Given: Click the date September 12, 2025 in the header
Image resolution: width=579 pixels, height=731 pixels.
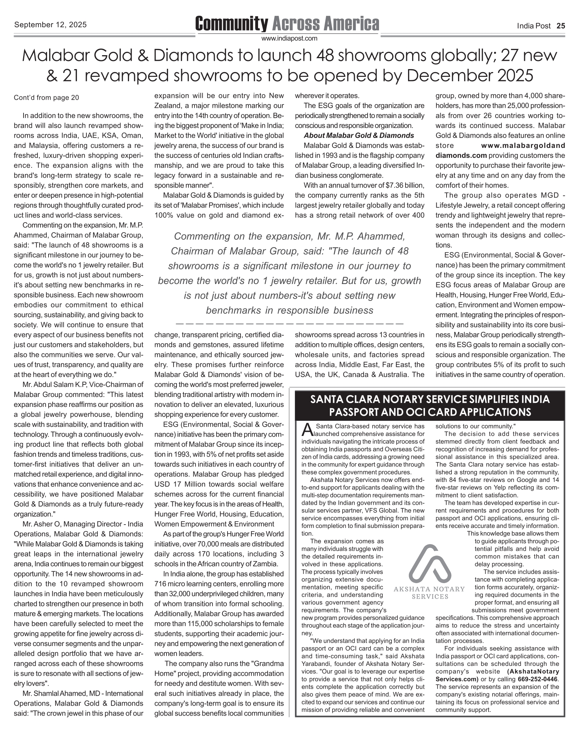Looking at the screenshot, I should tap(50, 25).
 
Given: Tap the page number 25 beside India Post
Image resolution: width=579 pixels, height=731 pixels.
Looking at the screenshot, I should tap(561, 26).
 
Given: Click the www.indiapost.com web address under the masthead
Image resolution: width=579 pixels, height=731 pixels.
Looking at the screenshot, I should tap(289, 38).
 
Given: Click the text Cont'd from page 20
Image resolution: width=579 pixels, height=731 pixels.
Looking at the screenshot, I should tap(46, 97).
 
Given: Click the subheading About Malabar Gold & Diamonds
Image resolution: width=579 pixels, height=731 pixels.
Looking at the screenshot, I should tap(359, 135).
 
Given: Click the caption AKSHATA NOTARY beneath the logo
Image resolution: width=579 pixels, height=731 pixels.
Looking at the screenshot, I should tap(429, 589).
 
